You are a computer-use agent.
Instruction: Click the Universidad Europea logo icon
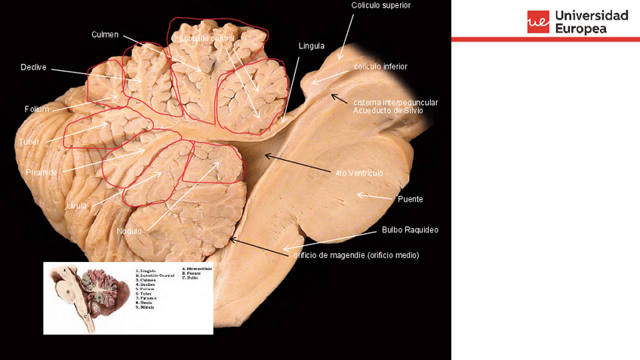538,22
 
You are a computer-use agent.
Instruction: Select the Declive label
34,67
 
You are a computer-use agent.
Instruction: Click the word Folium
36,109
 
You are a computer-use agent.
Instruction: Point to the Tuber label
28,141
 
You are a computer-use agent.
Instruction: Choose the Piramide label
42,172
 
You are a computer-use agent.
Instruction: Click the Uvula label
76,205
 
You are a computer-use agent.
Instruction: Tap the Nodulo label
129,231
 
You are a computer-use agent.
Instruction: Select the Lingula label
311,45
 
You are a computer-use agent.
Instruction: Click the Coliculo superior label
381,5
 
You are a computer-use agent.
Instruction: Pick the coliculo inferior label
381,66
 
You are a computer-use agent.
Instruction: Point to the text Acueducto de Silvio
388,110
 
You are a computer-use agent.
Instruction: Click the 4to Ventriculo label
360,173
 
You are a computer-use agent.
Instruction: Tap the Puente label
410,199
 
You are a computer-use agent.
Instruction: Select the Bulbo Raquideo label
410,229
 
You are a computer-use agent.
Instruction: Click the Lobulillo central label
208,37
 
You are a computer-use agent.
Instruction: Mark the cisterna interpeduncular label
395,102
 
